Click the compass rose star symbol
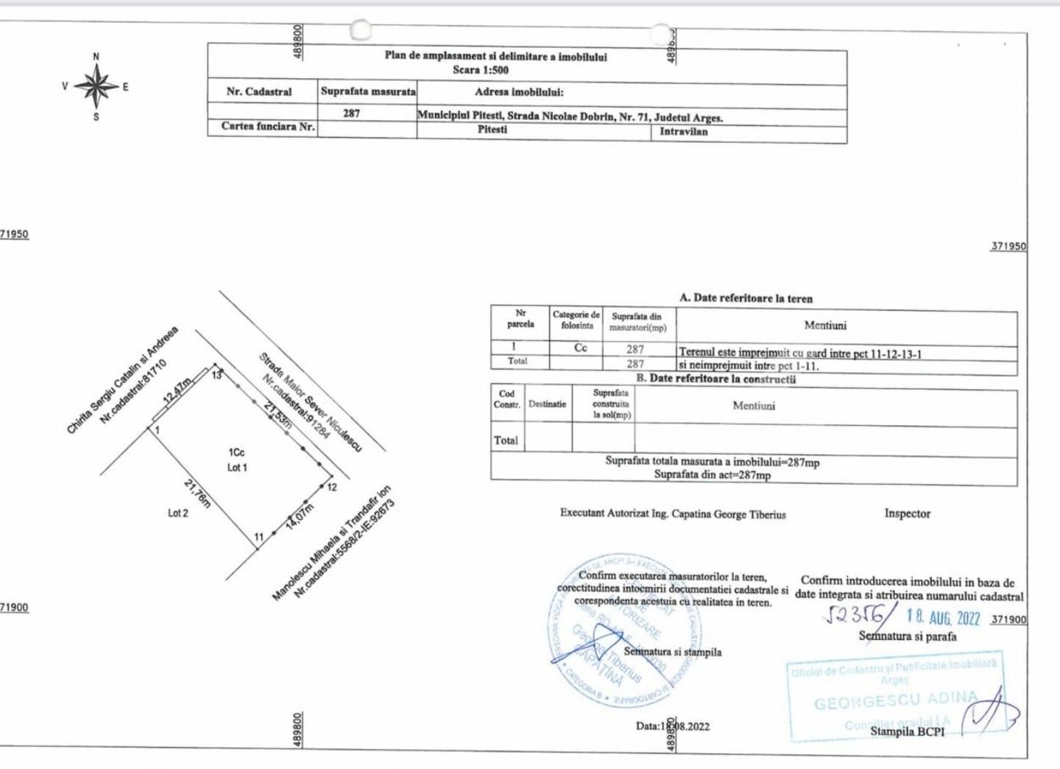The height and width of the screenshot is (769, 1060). tap(96, 86)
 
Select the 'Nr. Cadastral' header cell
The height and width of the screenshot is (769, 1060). tap(259, 92)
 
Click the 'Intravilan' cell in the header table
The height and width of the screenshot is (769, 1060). tap(683, 132)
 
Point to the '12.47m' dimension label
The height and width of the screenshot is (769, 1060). tap(177, 390)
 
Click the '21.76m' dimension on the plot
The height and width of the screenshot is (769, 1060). tap(197, 494)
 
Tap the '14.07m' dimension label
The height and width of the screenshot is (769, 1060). tap(300, 516)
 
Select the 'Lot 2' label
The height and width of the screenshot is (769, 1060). tap(177, 513)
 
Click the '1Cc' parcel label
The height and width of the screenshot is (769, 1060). tap(236, 452)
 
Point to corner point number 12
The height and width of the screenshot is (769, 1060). tap(332, 487)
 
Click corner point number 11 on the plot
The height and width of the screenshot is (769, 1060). tap(258, 537)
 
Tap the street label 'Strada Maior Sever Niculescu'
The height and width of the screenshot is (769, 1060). tap(310, 402)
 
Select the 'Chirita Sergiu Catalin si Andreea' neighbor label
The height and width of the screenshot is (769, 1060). tap(122, 380)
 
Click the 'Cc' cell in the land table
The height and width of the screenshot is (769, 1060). tap(581, 348)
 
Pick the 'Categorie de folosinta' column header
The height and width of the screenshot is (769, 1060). tap(576, 320)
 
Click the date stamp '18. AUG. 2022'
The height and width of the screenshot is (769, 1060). tap(943, 617)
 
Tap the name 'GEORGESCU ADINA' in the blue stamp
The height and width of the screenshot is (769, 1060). tap(895, 700)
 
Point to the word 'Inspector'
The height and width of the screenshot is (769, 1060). tap(907, 513)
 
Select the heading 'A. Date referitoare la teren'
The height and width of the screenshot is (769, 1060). tap(746, 298)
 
